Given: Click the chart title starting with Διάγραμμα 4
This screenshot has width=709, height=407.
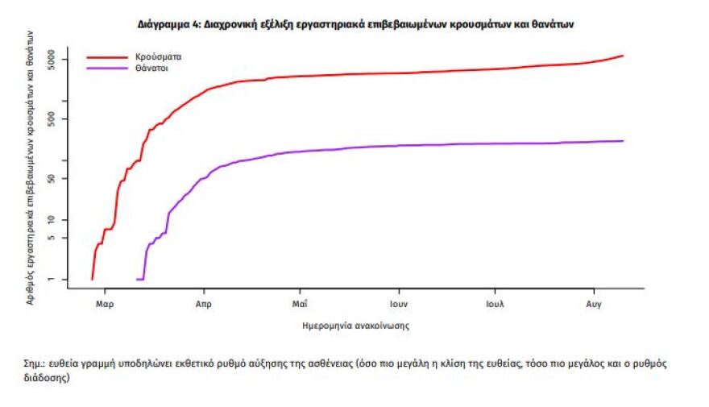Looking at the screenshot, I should click(x=355, y=25).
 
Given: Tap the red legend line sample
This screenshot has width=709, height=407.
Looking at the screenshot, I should click(x=107, y=57).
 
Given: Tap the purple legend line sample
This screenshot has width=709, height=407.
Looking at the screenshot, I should click(x=107, y=69).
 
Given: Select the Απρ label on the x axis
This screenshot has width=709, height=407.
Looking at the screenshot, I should click(x=204, y=305).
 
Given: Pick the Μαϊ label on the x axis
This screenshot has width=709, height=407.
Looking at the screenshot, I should click(x=299, y=305).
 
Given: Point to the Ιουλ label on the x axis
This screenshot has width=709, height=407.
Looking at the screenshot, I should click(x=495, y=305).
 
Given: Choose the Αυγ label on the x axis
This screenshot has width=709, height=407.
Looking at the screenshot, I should click(x=594, y=305).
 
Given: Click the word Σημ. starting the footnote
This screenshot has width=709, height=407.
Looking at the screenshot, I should click(x=34, y=363).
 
